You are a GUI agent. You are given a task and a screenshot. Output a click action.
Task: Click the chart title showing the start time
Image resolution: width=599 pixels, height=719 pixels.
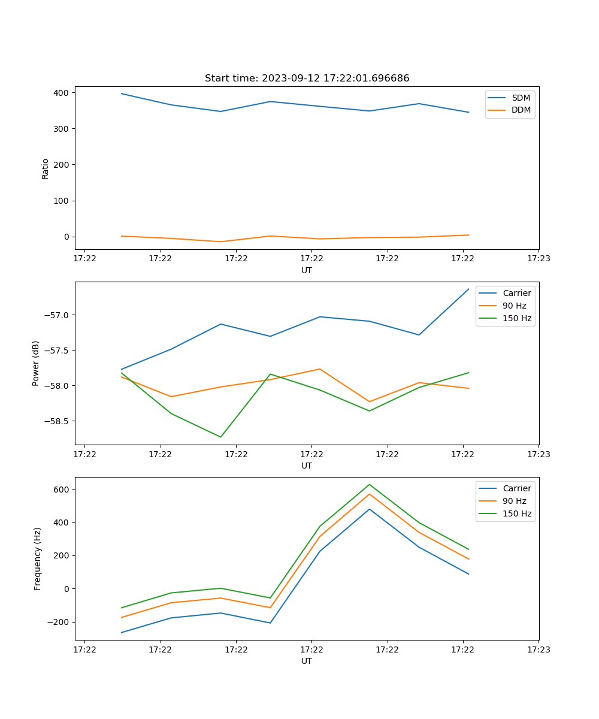(x=307, y=78)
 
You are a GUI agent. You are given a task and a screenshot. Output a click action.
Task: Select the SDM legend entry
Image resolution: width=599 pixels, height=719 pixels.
(x=521, y=98)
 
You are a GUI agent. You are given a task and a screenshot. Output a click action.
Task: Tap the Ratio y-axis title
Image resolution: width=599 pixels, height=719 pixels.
(x=46, y=168)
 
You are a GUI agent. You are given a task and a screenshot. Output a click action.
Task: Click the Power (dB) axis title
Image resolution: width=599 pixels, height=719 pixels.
(x=36, y=363)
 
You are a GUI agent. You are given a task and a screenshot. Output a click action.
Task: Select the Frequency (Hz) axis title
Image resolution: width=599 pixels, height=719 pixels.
(x=37, y=558)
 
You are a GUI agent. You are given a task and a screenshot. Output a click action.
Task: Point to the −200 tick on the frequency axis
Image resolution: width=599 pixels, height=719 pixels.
(x=58, y=622)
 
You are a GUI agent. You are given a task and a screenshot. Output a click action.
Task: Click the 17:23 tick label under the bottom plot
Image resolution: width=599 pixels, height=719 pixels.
(x=539, y=649)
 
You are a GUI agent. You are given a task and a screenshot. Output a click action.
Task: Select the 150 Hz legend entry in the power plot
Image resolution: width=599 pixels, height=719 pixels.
(x=517, y=318)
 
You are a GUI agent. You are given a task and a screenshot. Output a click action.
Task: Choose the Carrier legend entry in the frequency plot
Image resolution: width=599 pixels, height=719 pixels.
(x=516, y=488)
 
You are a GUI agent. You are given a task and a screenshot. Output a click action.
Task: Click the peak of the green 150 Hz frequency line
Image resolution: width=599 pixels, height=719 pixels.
(x=370, y=484)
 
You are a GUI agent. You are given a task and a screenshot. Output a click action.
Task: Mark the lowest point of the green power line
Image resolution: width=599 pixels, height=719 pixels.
(x=220, y=437)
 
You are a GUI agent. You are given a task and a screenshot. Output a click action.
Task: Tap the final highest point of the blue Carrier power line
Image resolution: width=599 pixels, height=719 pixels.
(x=468, y=289)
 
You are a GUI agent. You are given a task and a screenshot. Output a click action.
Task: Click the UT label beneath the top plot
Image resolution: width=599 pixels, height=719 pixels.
(x=307, y=270)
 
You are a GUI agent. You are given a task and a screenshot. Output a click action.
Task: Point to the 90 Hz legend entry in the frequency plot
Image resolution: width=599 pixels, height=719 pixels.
(x=517, y=501)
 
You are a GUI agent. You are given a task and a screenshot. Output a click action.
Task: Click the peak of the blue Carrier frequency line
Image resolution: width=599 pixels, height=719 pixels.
(x=370, y=509)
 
